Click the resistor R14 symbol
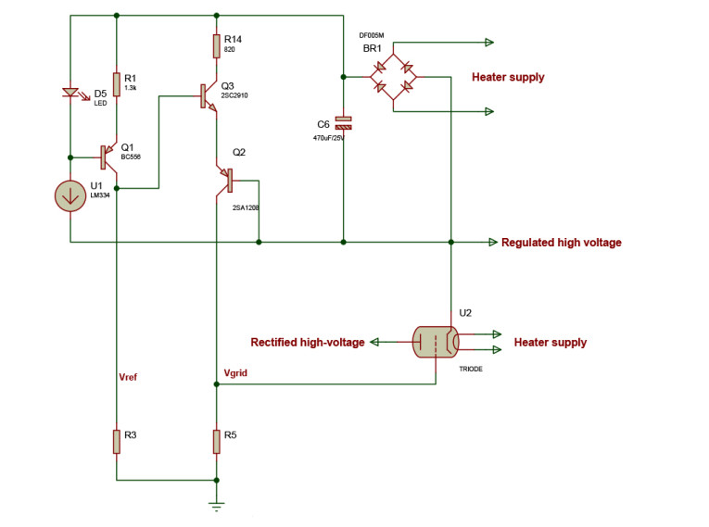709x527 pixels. [216, 44]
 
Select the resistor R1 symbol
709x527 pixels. [117, 84]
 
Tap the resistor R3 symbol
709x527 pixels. [117, 441]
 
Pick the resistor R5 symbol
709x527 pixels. [216, 441]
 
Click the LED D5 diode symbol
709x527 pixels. [70, 93]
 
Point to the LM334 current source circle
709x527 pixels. [70, 195]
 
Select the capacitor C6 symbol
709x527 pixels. [343, 122]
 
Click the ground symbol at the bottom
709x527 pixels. [216, 506]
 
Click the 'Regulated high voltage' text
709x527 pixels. [561, 243]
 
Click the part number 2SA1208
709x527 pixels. [246, 207]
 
